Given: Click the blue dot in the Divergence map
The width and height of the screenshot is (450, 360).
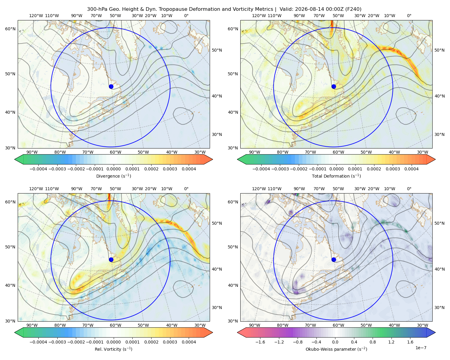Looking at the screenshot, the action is coord(111,86).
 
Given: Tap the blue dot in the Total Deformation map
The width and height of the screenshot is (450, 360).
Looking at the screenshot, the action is coord(334,86).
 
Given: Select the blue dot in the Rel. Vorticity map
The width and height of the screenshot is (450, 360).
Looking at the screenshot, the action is coord(111,259).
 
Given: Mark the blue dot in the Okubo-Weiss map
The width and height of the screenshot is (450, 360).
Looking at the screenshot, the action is coord(334,259).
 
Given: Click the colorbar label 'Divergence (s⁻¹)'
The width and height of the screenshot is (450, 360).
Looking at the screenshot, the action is coord(113,176).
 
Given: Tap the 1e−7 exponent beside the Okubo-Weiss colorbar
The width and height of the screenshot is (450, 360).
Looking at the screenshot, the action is coord(421,348).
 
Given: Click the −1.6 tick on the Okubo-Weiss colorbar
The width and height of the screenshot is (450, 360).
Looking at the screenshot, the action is coord(260,342).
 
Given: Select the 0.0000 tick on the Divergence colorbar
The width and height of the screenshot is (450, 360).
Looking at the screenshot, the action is coord(113,169).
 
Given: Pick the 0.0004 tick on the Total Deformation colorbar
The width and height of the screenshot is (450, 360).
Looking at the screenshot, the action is coord(411,169).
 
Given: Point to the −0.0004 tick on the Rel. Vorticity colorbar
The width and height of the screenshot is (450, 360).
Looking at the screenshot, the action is coord(38,342).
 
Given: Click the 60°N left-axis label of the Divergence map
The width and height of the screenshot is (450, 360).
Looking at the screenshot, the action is coord(10,29).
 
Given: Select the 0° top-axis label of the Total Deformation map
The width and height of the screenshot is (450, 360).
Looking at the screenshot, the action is coord(409,16).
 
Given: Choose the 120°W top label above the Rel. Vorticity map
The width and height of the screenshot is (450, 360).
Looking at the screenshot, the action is coord(36,188).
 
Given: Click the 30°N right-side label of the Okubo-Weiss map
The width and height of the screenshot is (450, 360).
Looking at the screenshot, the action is coord(439,307).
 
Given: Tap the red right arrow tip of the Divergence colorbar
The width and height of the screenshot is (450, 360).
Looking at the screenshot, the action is coord(213,159).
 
